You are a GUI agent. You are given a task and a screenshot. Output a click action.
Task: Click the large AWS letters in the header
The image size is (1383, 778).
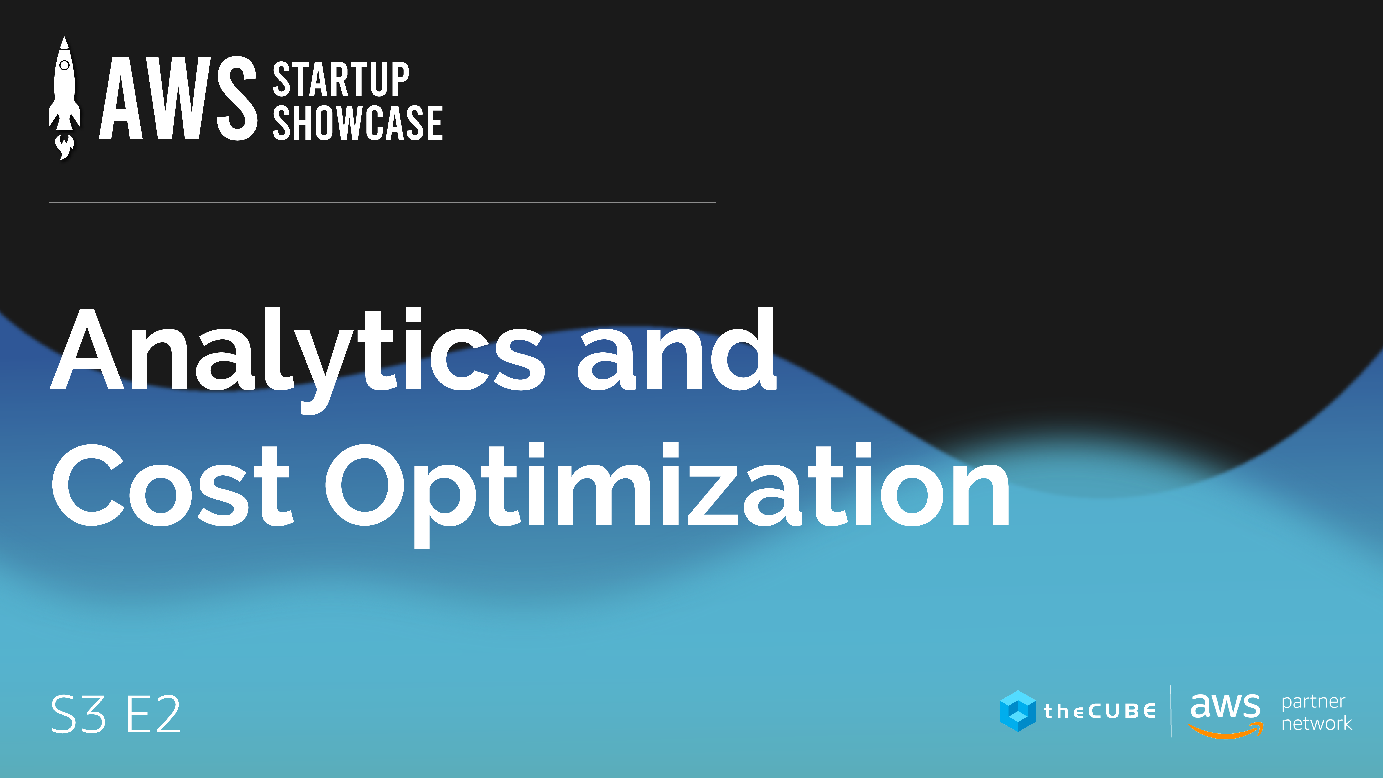point(178,98)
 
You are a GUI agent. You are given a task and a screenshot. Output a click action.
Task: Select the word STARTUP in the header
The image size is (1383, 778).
point(341,79)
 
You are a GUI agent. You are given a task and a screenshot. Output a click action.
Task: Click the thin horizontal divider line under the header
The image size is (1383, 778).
point(382,202)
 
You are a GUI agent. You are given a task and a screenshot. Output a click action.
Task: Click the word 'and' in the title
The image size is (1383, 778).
point(677,349)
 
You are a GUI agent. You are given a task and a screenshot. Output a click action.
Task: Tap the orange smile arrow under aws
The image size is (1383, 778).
point(1226,730)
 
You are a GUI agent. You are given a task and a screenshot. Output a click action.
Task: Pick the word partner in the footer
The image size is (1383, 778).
point(1313,702)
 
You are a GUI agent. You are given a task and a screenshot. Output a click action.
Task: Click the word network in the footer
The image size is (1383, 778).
point(1316,723)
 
